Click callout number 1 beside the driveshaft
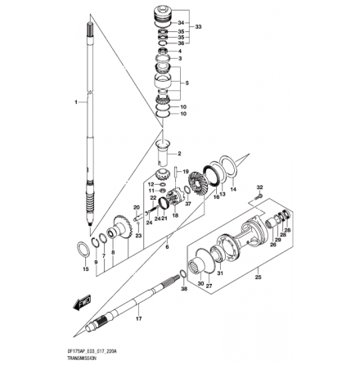74,103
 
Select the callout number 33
194,26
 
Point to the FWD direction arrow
80,304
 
